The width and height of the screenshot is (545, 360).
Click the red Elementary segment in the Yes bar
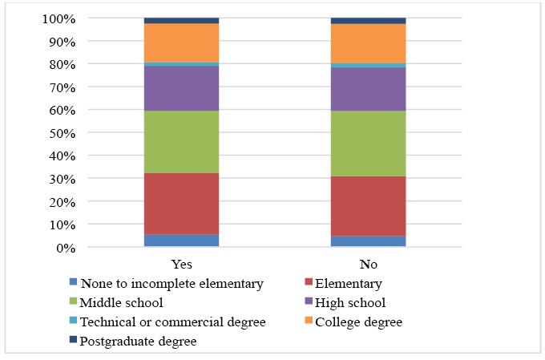[x=181, y=204]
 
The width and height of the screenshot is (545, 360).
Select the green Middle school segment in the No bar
[x=368, y=144]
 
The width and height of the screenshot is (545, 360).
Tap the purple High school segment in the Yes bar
[x=181, y=88]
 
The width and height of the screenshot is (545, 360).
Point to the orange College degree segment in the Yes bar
[x=181, y=42]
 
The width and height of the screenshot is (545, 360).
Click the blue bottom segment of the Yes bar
[x=181, y=241]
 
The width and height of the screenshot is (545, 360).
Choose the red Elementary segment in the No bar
[x=368, y=206]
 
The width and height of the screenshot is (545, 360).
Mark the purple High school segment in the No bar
[x=368, y=89]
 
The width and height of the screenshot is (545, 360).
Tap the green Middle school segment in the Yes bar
[x=181, y=142]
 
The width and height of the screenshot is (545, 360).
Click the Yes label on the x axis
[x=181, y=264]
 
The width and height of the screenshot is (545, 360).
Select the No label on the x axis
[x=368, y=264]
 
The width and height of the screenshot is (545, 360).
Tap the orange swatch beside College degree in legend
[x=309, y=322]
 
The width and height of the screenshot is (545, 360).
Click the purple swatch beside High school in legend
[x=309, y=302]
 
